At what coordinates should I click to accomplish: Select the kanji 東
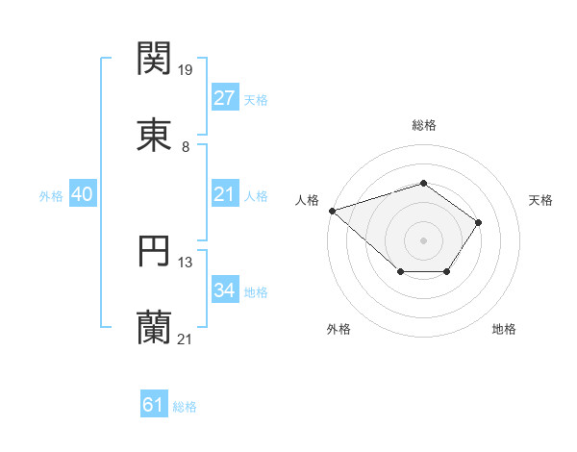[x=154, y=135]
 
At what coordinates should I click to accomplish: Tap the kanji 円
[x=154, y=250]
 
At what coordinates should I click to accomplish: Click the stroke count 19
[x=187, y=69]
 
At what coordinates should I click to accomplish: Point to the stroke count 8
[x=186, y=146]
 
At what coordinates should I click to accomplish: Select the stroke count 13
[x=187, y=262]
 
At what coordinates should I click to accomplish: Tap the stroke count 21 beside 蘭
[x=187, y=339]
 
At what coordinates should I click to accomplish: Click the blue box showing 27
[x=224, y=98]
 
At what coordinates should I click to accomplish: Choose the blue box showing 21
[x=224, y=194]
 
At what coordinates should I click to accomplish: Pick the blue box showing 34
[x=224, y=290]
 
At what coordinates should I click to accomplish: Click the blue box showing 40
[x=83, y=194]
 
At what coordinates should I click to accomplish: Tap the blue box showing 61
[x=154, y=406]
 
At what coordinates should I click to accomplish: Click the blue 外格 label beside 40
[x=51, y=195]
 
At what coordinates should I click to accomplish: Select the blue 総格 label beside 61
[x=185, y=407]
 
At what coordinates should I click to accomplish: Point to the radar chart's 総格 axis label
[x=423, y=125]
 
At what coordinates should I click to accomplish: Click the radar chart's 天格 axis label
[x=541, y=200]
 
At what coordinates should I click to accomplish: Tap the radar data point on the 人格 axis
[x=332, y=210]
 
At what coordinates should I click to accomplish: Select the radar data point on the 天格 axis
[x=479, y=222]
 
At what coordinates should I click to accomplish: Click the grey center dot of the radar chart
[x=423, y=239]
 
